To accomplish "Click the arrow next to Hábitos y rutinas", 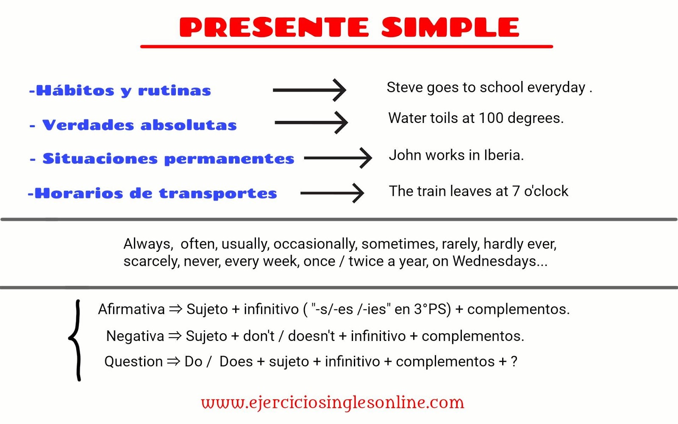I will tap(310, 90).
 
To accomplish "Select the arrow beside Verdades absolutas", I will tap(311, 123).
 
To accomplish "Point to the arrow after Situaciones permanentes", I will tap(338, 158).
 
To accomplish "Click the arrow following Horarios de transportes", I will tap(332, 193).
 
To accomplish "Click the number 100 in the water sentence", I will tap(491, 118).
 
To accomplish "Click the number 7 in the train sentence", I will tap(516, 191).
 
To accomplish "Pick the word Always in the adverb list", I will tap(147, 244).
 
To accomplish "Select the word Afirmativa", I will tap(131, 309).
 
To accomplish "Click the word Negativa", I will tap(135, 336).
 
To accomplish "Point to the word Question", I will tap(133, 362).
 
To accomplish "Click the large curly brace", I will tap(76, 340).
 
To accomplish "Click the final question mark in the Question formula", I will tap(514, 362).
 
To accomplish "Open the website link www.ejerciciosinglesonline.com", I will tap(333, 402).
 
